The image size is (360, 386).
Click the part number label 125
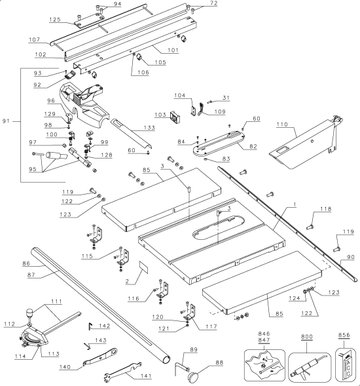click(x=55, y=20)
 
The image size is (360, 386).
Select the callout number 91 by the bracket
click(x=6, y=121)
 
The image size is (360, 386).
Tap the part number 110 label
click(x=282, y=125)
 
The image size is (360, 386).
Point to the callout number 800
click(x=307, y=337)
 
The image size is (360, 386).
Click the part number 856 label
click(x=344, y=335)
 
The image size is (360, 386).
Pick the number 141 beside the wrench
click(x=146, y=376)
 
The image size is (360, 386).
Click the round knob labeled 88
click(x=194, y=376)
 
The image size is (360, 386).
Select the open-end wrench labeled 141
click(x=122, y=371)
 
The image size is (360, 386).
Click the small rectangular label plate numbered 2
click(x=144, y=267)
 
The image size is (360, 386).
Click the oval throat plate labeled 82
click(x=219, y=144)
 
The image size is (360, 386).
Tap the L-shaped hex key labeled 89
click(x=182, y=367)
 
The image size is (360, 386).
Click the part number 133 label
click(x=149, y=128)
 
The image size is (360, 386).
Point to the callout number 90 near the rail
click(x=351, y=257)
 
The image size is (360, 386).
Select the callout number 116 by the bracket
click(x=134, y=299)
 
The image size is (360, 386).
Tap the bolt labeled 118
click(x=310, y=227)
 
